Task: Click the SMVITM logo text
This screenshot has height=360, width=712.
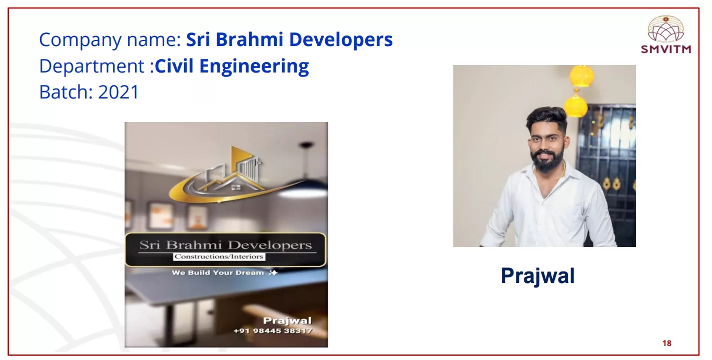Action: pos(666,49)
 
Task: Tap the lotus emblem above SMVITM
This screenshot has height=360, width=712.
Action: pos(666,29)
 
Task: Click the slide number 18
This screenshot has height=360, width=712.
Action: pos(667,343)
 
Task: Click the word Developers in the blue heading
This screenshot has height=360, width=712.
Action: pos(341,40)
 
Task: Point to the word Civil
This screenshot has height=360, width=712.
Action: pos(174,66)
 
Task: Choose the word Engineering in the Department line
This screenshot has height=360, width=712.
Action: pos(254,66)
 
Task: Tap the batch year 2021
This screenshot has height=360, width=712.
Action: pos(119,92)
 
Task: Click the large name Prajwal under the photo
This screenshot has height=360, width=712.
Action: pos(538,276)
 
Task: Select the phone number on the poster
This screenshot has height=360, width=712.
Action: pos(273,331)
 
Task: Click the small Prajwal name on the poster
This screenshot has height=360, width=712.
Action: pos(287,320)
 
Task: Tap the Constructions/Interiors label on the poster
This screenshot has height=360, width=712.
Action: pos(219,256)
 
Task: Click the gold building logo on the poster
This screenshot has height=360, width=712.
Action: pos(232,175)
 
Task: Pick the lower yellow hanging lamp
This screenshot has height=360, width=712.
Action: pos(575,105)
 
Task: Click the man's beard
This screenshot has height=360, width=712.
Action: pos(546,161)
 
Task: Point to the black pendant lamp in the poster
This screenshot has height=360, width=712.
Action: pos(306,146)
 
